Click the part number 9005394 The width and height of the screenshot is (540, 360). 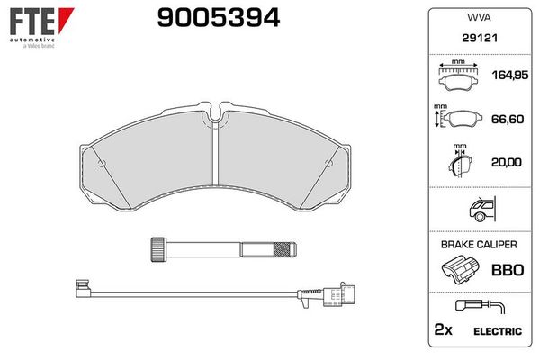207,18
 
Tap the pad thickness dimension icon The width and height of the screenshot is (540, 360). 459,164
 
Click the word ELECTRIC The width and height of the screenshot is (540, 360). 496,332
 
